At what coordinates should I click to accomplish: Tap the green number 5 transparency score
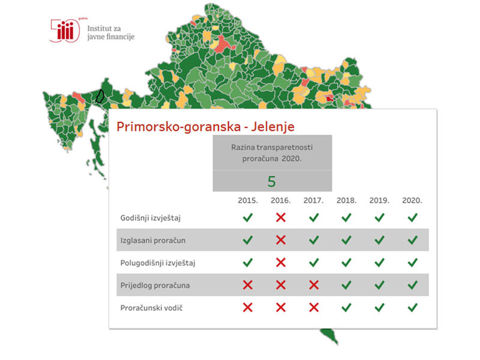coord(272,181)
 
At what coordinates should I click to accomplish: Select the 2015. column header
coord(247,200)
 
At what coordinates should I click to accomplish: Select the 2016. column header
coord(280,200)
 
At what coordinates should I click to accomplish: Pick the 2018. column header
coord(346,200)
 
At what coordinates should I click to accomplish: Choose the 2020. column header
coord(412,200)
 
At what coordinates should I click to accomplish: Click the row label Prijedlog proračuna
coord(155,285)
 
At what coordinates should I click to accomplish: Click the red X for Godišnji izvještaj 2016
coord(280,217)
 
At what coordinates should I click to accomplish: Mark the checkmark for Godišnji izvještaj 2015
coord(247,217)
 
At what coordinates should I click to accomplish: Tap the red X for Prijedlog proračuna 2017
coord(313,285)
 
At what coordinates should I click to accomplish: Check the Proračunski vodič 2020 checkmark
coord(412,307)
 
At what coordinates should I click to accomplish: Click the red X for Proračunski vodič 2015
coord(247,307)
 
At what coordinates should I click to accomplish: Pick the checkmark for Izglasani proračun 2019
coord(379,240)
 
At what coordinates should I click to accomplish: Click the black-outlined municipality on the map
coord(101,97)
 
